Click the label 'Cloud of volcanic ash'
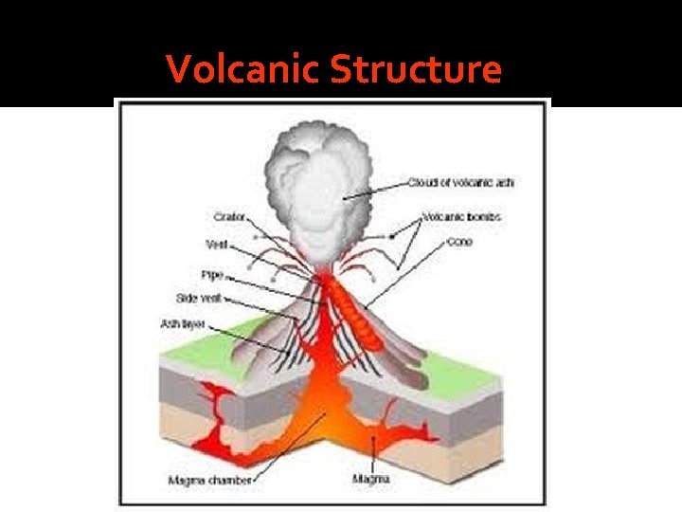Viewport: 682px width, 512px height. click(461, 182)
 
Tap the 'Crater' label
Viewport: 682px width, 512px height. click(229, 217)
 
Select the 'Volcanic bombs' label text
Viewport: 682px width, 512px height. click(462, 217)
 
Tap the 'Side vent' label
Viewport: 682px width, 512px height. click(198, 298)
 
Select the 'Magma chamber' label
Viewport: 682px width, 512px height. click(209, 481)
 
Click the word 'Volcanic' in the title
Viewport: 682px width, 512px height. click(243, 69)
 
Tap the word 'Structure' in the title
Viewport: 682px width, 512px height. click(417, 69)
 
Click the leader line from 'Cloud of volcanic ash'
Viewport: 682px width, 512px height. click(379, 189)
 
